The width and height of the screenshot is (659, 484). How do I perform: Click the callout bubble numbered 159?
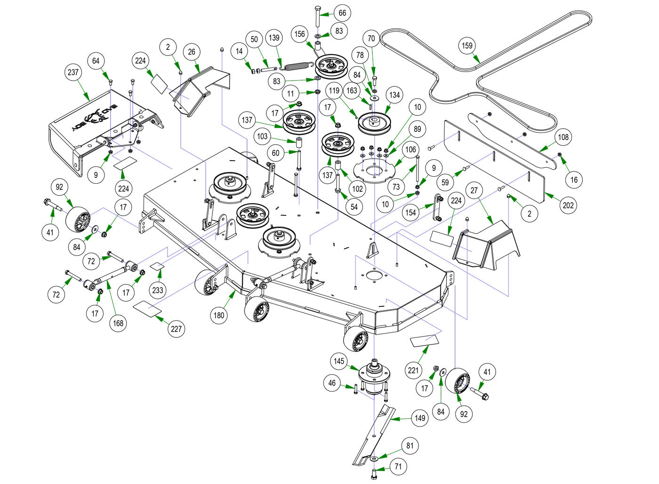pos(467,46)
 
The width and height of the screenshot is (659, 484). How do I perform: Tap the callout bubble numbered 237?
pos(73,73)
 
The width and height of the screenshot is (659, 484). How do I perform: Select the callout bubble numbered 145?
pos(339,361)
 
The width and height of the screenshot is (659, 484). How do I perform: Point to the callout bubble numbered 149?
pos(419,418)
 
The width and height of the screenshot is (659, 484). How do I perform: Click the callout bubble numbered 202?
pos(568,205)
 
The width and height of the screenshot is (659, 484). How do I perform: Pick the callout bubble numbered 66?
pos(342,13)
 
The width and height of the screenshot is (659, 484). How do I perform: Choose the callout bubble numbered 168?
pos(118,323)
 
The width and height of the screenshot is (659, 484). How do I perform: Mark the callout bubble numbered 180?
pos(219,315)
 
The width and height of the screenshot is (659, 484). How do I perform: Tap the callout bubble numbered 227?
pos(176,328)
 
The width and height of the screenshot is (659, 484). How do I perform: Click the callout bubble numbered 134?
pos(394,95)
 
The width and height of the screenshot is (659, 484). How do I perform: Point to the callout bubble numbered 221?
pos(413,370)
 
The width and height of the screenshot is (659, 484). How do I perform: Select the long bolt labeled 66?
pos(316,16)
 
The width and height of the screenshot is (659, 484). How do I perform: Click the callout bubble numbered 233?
pos(158,290)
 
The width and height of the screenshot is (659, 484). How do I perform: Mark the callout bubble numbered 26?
pos(192,52)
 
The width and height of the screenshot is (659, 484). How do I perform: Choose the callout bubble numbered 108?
pos(563,137)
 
